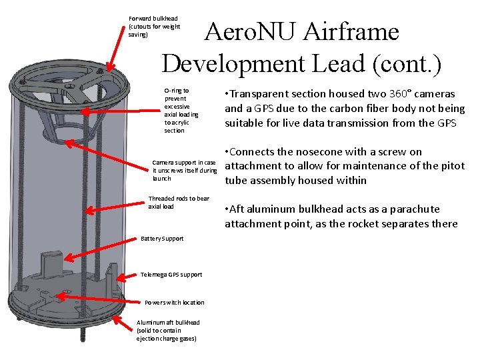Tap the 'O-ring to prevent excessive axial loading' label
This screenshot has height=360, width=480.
point(177,110)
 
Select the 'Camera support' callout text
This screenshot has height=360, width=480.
point(184,170)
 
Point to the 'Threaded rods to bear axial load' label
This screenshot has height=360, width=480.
point(178,202)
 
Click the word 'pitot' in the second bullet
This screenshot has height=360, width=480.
point(451,166)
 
